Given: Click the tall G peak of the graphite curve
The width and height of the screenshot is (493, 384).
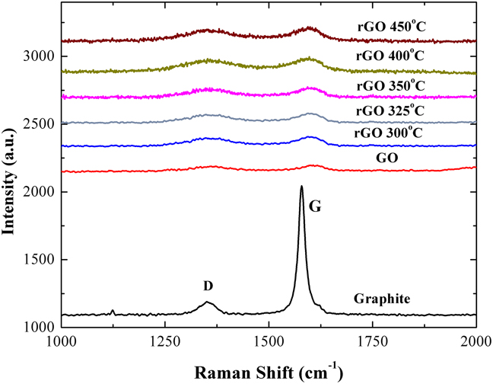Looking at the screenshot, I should click(301, 187).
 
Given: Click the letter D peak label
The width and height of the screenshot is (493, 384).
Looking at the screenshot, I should click(207, 286).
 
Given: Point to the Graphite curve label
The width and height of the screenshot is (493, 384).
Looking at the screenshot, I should click(383, 299).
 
